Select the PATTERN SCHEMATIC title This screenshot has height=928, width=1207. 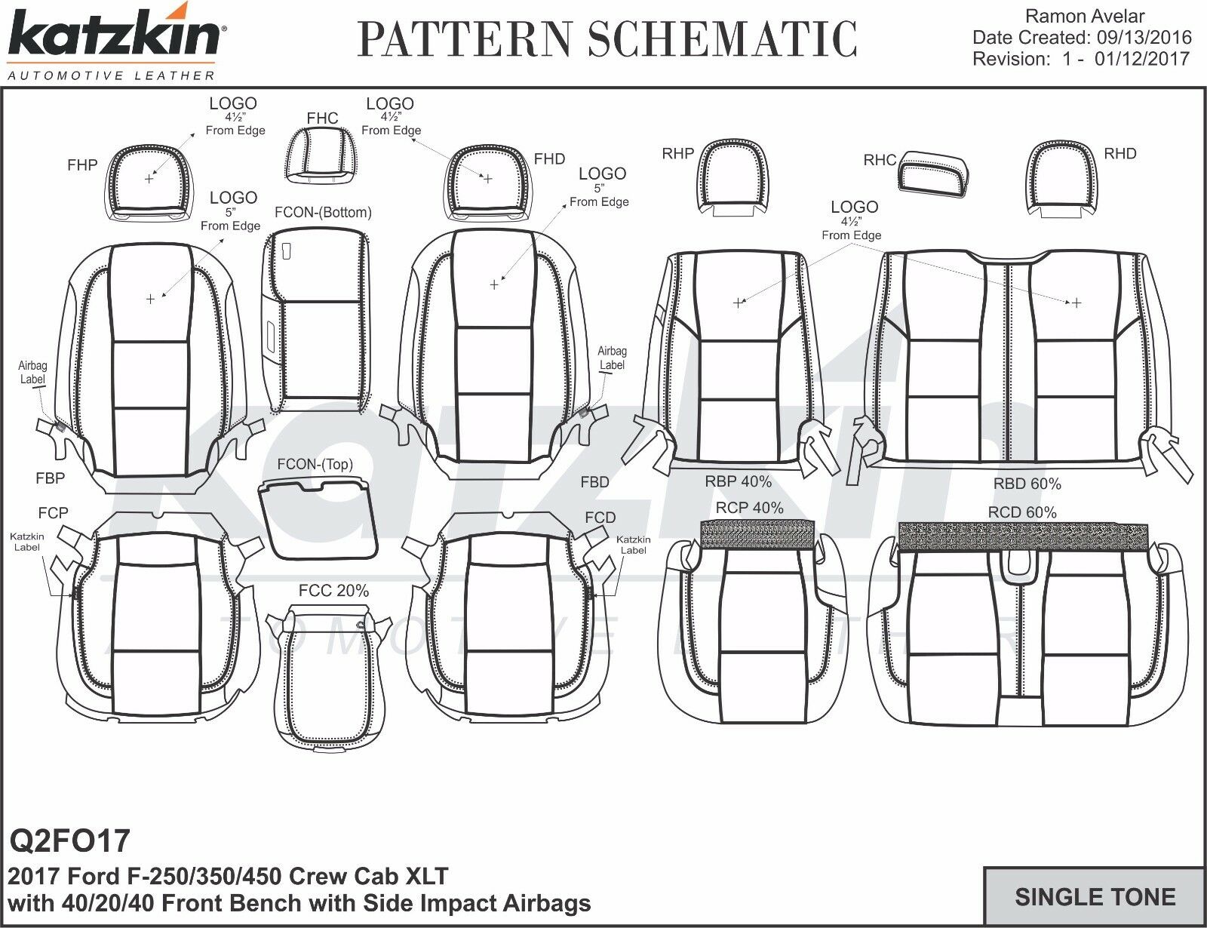point(607,39)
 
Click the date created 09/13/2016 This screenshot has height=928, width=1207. point(1082,38)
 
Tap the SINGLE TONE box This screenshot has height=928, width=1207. point(1095,896)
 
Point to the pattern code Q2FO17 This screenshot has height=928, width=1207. point(69,840)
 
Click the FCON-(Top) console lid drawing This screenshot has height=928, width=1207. point(318,520)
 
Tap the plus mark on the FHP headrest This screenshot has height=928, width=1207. point(149,179)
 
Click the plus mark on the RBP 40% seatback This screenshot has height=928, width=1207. point(738,303)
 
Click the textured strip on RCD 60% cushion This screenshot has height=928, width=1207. point(1024,536)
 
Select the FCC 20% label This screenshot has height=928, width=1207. point(333,591)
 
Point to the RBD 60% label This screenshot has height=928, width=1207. point(1027,484)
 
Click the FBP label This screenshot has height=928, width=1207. point(50,478)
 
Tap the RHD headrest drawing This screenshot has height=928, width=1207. point(1063,177)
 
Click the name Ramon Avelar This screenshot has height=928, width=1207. point(1086,16)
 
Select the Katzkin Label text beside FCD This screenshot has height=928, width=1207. point(633,545)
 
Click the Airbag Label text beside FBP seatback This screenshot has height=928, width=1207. point(32,373)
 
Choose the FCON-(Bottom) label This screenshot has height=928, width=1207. point(323,213)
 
